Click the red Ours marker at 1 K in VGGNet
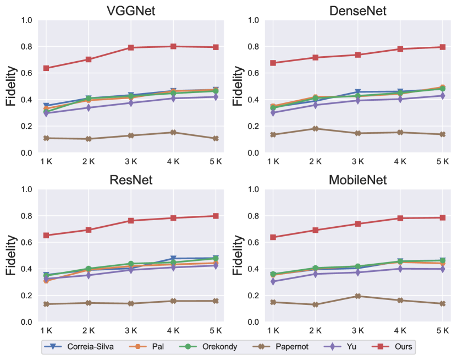point(46,68)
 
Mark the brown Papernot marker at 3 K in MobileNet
point(357,296)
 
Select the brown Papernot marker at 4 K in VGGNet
point(173,132)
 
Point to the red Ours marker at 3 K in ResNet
point(131,221)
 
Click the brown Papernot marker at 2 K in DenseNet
point(315,129)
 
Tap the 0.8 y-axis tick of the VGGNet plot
point(27,47)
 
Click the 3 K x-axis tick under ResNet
point(131,331)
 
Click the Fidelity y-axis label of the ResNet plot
point(10,256)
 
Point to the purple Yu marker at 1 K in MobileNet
point(273,281)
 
